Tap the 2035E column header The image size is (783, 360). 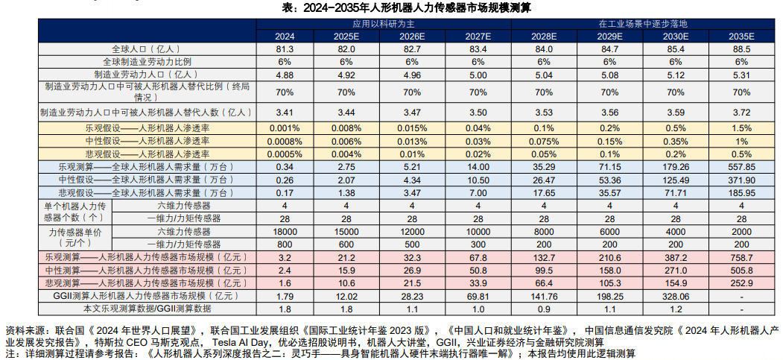740,36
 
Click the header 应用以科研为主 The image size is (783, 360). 383,24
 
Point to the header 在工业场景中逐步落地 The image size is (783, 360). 642,24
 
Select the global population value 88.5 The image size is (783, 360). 740,48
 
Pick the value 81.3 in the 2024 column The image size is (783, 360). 285,48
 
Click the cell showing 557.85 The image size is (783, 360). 740,167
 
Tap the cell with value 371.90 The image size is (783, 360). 740,180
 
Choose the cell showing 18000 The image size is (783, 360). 285,231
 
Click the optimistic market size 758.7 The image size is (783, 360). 740,257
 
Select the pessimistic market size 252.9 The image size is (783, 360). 740,283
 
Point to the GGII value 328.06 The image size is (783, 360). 675,296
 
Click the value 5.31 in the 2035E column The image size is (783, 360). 740,75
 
